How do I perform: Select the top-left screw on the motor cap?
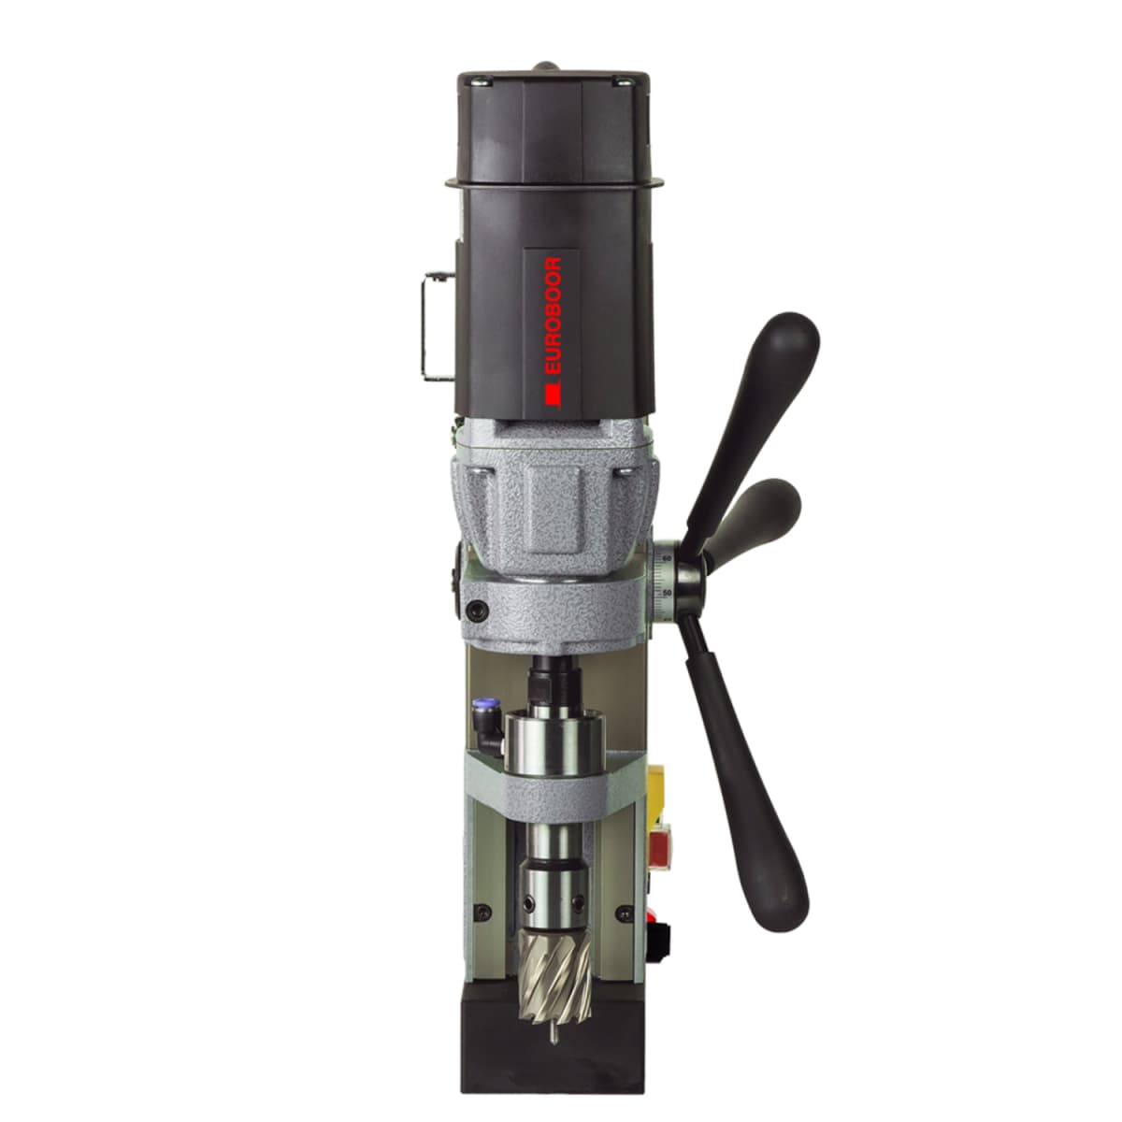pyautogui.click(x=484, y=82)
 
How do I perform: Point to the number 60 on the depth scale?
pyautogui.click(x=667, y=558)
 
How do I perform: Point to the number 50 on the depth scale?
pyautogui.click(x=667, y=592)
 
